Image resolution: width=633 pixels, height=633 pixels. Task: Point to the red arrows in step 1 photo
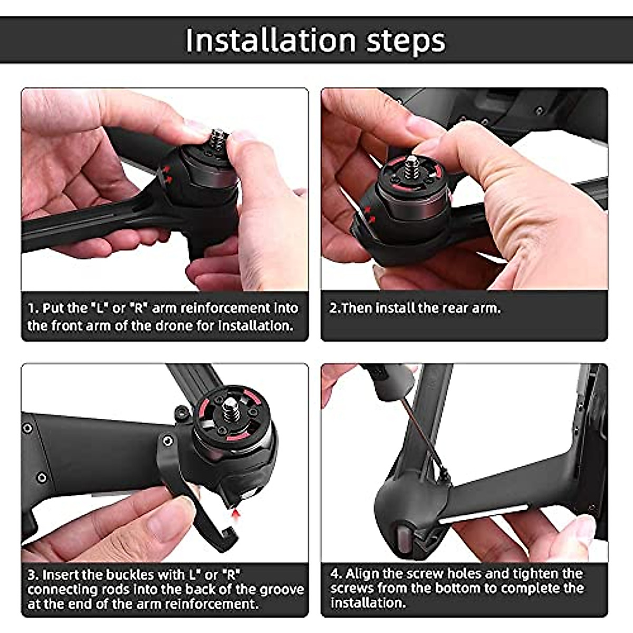click(167, 175)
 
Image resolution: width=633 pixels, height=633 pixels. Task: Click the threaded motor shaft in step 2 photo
click(411, 164)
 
